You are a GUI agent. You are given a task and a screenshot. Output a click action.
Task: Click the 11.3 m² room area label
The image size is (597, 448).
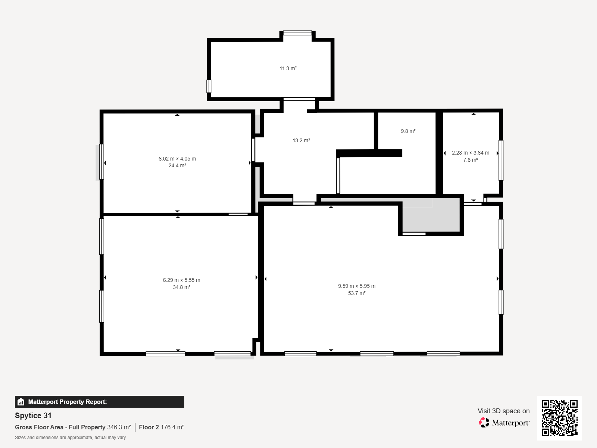[x=288, y=69]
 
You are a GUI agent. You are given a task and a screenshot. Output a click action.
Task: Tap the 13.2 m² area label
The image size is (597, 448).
[x=301, y=141]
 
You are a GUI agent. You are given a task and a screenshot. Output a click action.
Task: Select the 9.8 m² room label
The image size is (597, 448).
[x=408, y=131]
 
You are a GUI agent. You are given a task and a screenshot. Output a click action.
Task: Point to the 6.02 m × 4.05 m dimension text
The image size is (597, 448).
[x=177, y=159]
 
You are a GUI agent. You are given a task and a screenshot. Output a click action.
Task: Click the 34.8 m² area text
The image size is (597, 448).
[x=181, y=287]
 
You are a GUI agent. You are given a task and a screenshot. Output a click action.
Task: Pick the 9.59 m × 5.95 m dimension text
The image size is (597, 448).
[x=357, y=286]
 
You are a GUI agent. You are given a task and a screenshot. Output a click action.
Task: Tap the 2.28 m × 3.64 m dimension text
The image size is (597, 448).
[x=471, y=153]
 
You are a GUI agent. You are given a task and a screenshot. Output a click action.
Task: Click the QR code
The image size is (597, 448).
[x=559, y=418]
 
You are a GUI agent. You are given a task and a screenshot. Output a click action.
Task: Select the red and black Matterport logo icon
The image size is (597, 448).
[x=484, y=423]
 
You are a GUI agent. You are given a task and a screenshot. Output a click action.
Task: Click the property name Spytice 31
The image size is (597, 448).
[x=33, y=416]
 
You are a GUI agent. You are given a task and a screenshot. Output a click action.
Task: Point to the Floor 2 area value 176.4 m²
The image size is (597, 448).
[x=172, y=427]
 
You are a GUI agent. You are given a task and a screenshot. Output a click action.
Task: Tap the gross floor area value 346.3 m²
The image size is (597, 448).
[x=119, y=427]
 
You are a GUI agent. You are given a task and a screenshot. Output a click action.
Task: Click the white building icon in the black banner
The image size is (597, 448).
[x=21, y=402]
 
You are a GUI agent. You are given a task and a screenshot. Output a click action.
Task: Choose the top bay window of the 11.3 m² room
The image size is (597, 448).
[x=297, y=33]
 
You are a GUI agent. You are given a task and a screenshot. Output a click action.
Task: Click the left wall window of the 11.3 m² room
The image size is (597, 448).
[x=209, y=86]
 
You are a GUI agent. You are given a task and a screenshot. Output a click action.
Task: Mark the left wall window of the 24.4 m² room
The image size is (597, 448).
[x=101, y=162]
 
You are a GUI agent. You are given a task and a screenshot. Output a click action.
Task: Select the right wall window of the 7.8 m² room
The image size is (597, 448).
[x=501, y=160]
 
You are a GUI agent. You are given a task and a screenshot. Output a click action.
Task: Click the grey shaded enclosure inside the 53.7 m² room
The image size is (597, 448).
[x=431, y=215]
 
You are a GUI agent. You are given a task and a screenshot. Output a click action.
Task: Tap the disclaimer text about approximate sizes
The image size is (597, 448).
[x=70, y=438]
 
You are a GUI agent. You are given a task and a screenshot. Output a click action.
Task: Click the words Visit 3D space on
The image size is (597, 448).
[x=504, y=411]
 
